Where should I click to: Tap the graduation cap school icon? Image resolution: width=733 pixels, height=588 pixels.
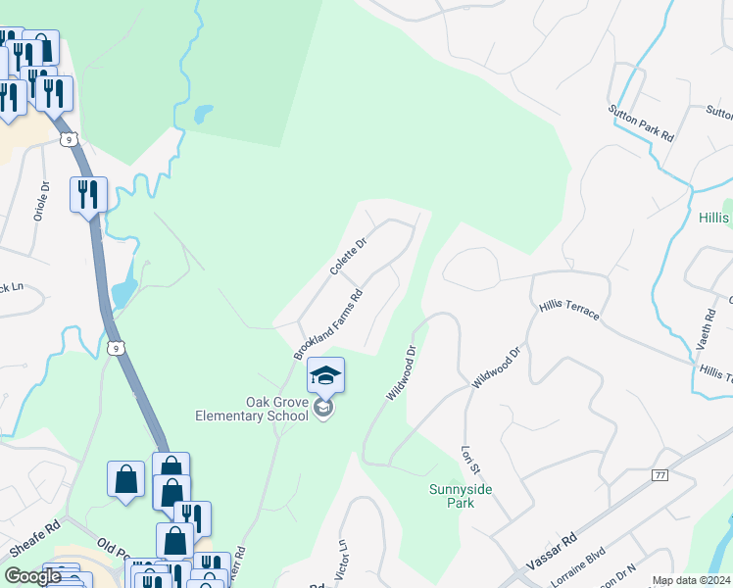(326, 373)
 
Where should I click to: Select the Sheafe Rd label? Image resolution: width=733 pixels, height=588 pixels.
(29, 541)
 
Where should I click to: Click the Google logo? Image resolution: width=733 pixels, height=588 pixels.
(32, 576)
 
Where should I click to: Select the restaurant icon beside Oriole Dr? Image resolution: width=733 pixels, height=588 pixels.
(88, 193)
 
